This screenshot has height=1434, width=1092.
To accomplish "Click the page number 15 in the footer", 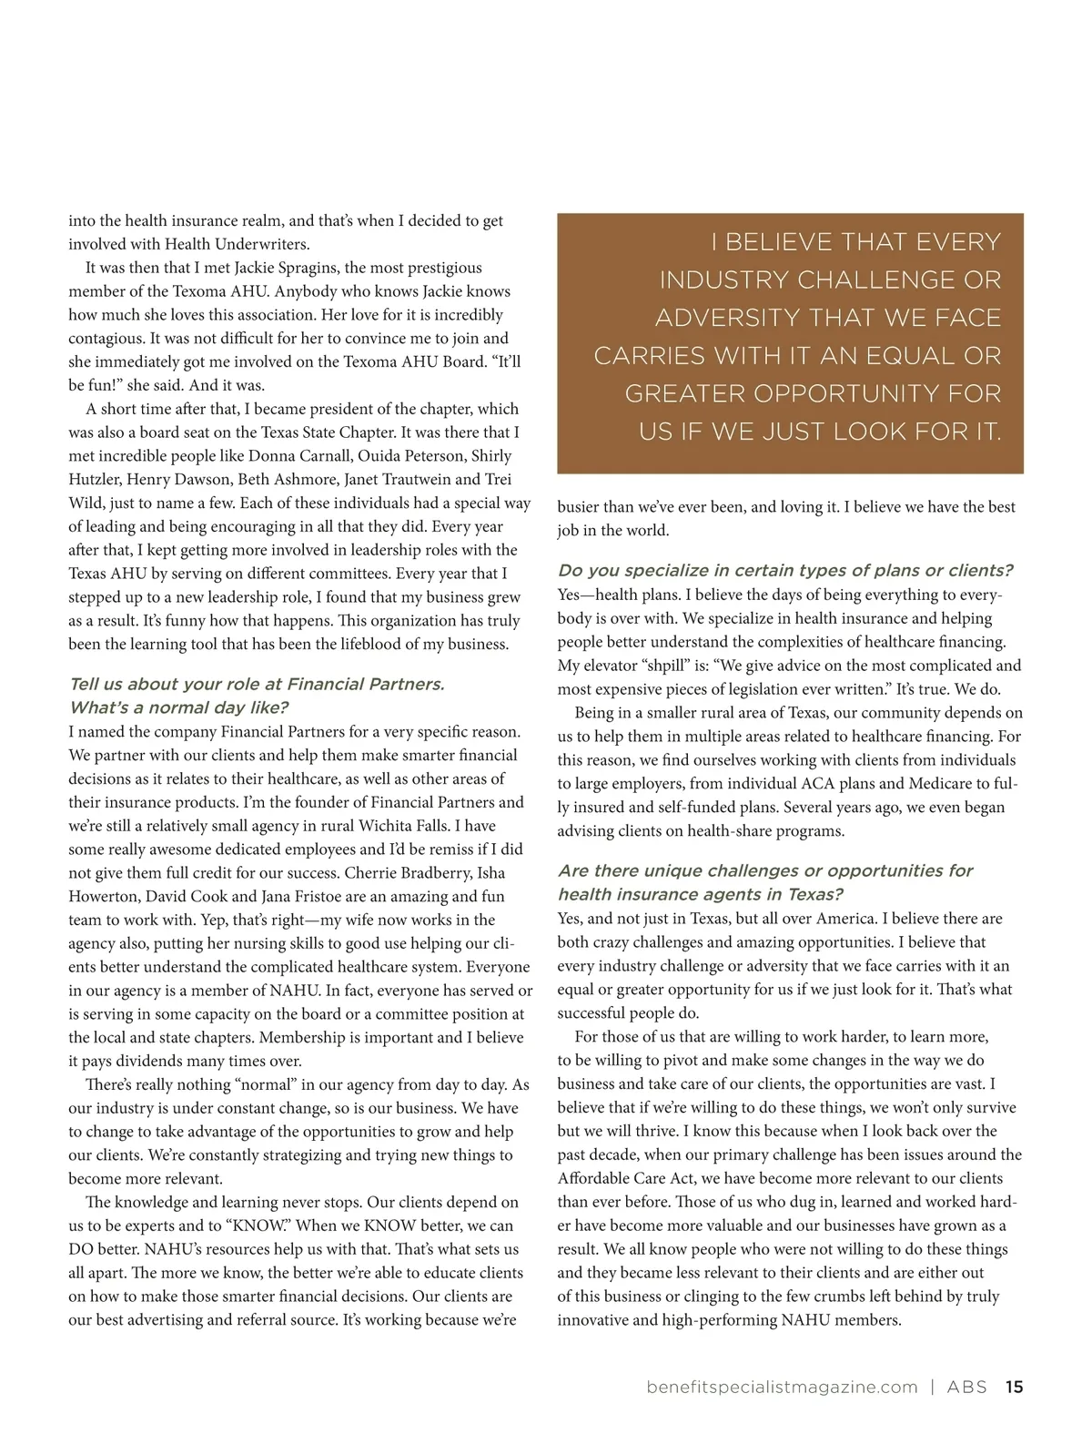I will [x=1014, y=1388].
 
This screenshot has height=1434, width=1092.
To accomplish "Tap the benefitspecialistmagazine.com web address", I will [x=782, y=1388].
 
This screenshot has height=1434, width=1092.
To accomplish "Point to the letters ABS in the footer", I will [x=966, y=1388].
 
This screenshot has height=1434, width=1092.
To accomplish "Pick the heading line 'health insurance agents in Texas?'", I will [x=701, y=894].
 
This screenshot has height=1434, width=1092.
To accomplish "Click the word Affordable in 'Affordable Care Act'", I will [x=595, y=1178].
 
